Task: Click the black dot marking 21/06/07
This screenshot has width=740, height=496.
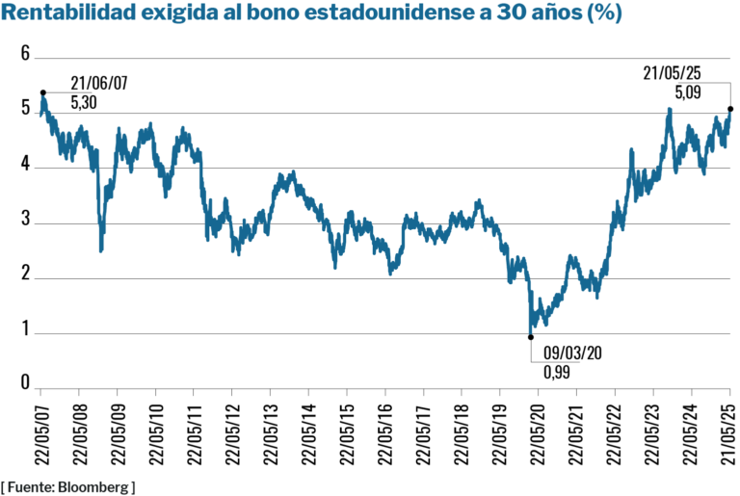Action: coord(43,92)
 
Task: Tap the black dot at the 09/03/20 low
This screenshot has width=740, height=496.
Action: coord(530,337)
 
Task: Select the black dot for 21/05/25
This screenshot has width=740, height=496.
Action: coord(729,109)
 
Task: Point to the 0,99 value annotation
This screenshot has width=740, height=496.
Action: coord(556,371)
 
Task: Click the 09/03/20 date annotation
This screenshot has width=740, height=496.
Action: coord(573,352)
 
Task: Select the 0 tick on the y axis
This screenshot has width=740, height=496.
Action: coord(26,384)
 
